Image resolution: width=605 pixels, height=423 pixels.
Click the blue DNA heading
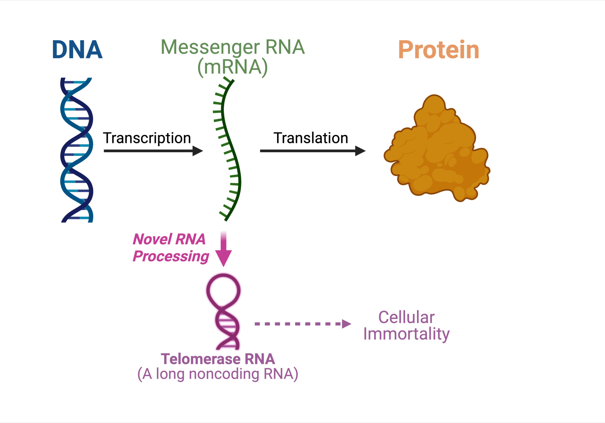point(77,50)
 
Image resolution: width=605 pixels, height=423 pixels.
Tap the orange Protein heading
point(438,50)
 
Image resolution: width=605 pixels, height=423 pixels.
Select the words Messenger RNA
point(233,47)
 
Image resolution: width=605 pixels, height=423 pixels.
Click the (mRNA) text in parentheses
point(233,67)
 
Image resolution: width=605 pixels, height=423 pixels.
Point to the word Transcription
point(147,138)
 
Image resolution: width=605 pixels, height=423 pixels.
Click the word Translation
point(311,138)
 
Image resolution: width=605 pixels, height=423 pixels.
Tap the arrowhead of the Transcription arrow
point(197,151)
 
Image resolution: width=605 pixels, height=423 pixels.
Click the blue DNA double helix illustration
point(77,150)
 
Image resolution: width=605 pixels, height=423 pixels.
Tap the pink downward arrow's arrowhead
point(224,257)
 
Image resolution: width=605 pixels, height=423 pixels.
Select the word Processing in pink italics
point(171,256)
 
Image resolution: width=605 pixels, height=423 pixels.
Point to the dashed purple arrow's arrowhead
point(346,324)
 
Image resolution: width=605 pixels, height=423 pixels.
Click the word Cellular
point(406,317)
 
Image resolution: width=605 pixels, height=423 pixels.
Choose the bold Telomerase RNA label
point(218,359)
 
